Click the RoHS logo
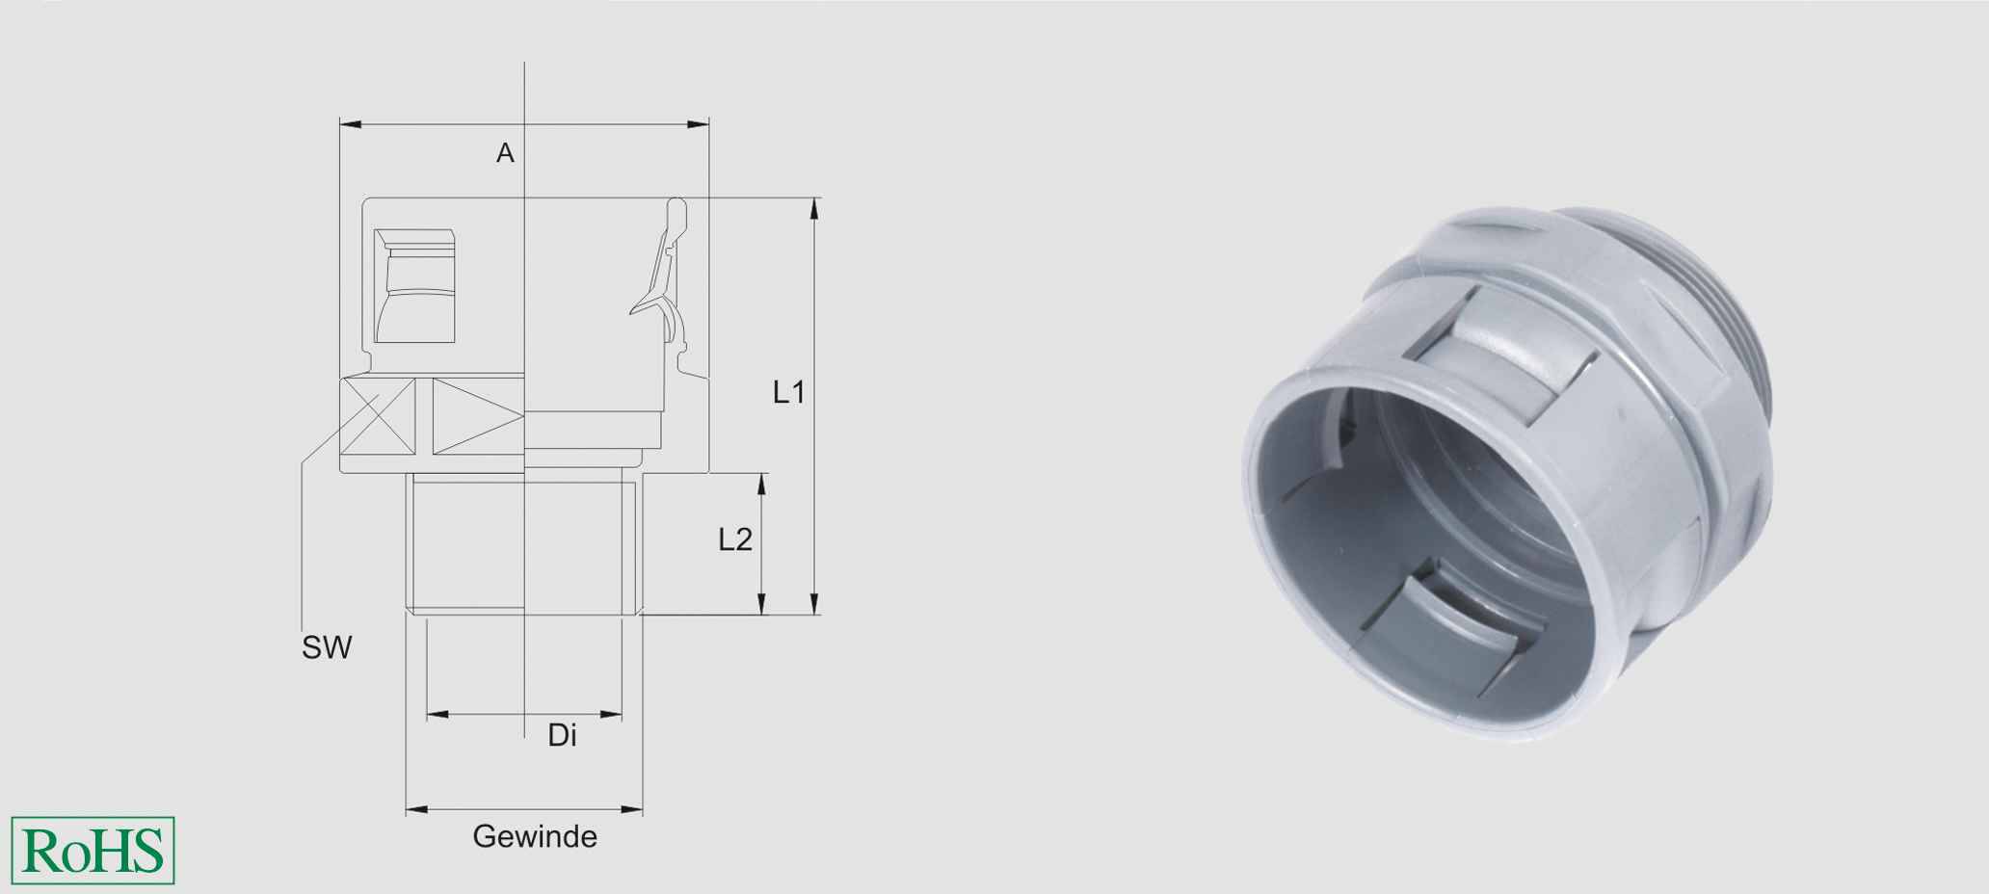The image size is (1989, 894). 93,851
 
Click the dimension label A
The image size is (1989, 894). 505,153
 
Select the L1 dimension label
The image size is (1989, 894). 788,392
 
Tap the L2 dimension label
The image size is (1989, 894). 735,539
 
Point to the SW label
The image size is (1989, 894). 327,648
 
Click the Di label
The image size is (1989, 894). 562,736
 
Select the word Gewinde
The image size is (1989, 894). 535,836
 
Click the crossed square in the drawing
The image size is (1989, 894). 379,416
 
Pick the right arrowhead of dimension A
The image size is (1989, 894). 700,124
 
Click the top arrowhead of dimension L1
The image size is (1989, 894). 815,207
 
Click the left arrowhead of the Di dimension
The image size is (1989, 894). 437,715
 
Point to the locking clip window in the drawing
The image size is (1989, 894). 414,287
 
